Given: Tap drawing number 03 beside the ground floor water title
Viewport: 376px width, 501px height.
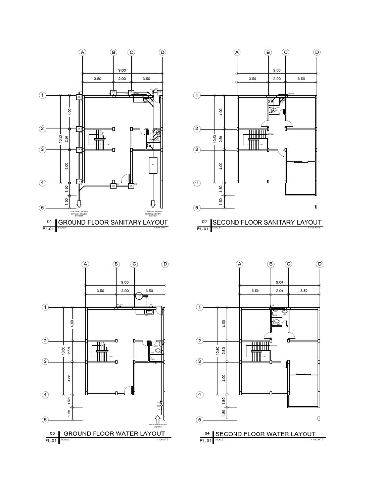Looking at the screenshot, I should [52, 433].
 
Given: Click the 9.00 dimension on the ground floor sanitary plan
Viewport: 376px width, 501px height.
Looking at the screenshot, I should [122, 70].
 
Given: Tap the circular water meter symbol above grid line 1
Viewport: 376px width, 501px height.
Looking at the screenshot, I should [139, 296].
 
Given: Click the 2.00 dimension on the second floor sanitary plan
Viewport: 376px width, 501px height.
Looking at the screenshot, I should [277, 79].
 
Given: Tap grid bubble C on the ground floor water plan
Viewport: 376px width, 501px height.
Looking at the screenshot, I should [134, 264].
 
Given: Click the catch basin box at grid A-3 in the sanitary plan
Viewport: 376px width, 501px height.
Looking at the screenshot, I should [78, 150].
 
